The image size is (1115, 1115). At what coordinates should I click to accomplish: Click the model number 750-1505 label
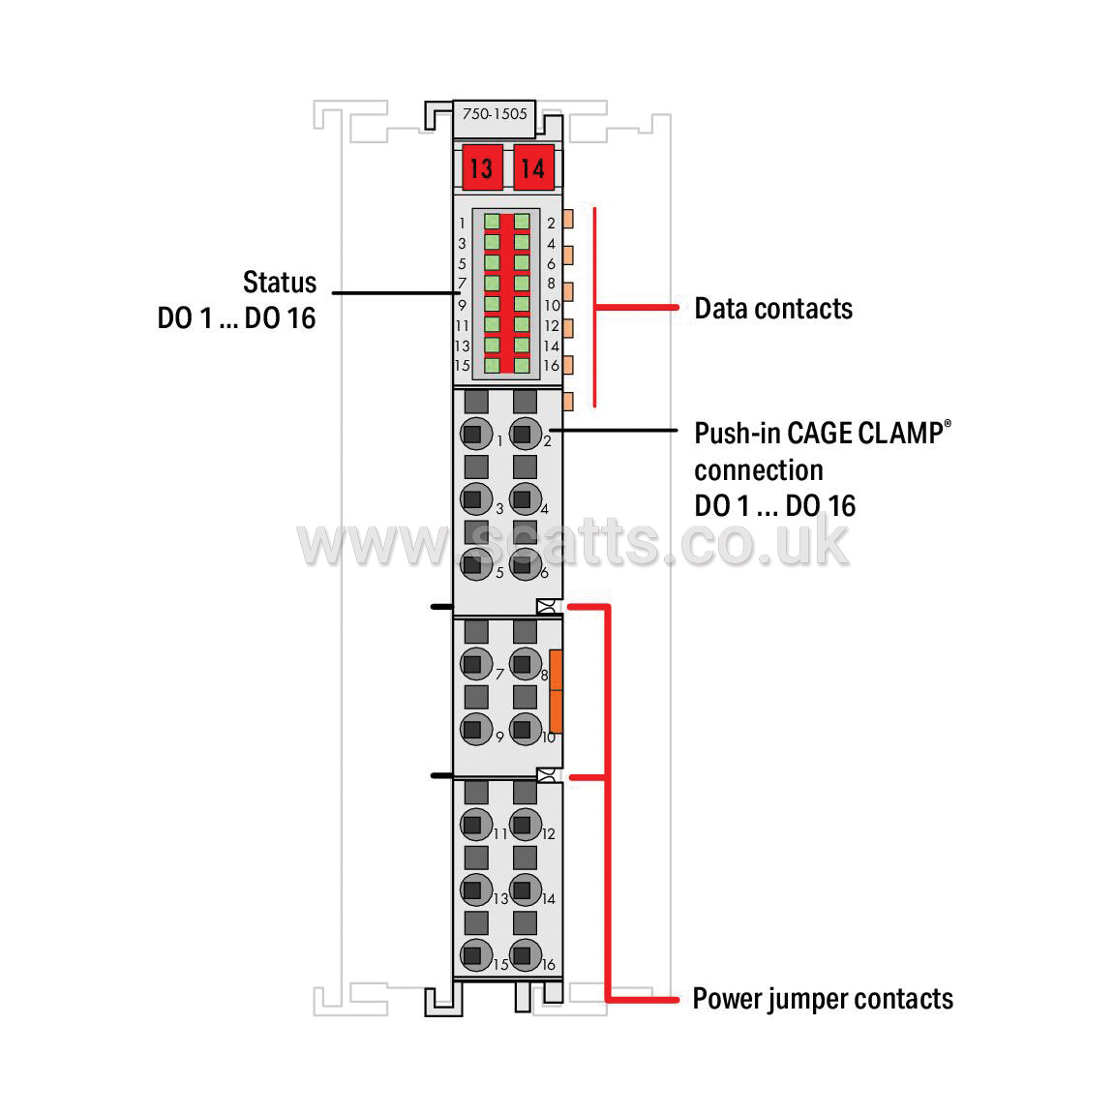point(495,114)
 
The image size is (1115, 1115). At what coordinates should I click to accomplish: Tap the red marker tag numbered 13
point(482,167)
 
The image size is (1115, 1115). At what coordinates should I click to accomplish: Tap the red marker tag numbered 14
point(533,167)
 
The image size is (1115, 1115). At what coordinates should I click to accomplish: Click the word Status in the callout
point(280,283)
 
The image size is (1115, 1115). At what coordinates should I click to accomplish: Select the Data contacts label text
point(773,309)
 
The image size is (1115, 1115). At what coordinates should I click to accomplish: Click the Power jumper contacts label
point(823,999)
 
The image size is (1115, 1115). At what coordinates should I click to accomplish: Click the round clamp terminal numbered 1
point(476,434)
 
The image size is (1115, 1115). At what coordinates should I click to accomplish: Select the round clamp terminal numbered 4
point(526,498)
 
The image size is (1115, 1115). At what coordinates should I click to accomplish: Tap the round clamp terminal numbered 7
point(476,663)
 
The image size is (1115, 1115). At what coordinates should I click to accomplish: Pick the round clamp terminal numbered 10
point(526,729)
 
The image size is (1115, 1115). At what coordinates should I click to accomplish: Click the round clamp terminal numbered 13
point(476,889)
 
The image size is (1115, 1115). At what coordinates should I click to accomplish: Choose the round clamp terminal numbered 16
point(526,955)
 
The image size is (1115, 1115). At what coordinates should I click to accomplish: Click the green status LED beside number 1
point(492,222)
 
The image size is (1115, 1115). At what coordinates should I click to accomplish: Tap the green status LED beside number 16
point(522,366)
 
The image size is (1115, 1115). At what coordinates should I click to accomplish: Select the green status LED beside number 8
point(522,283)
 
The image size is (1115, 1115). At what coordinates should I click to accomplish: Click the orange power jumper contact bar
point(557,691)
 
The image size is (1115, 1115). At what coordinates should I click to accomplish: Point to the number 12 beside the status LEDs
point(552,325)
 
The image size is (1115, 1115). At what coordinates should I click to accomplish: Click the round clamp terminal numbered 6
point(526,564)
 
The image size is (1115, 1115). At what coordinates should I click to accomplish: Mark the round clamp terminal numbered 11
point(476,825)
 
